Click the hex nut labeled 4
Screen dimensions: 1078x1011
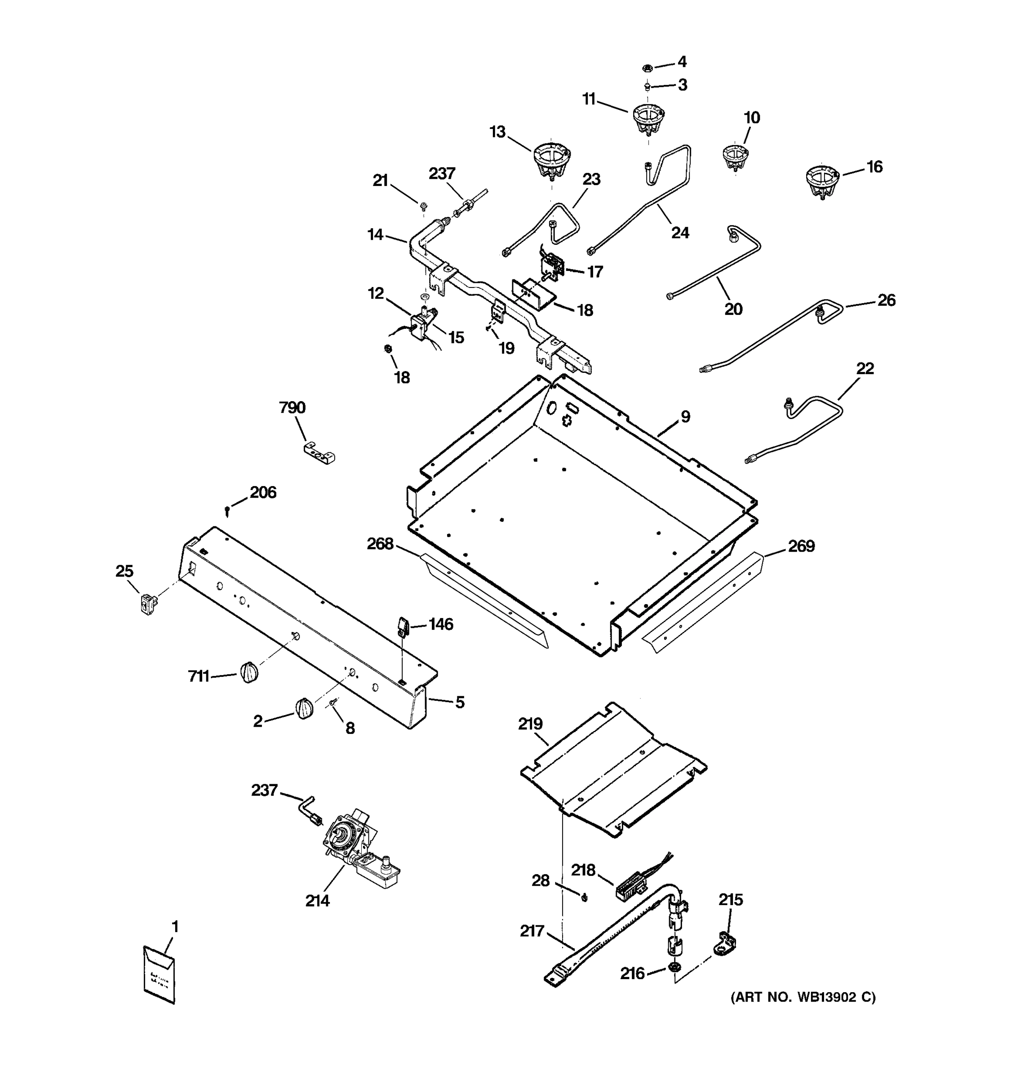647,68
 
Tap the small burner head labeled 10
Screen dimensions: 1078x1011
735,157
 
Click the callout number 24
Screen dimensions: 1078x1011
680,233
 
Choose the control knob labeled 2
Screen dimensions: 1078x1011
304,708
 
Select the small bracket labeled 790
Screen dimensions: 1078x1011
319,453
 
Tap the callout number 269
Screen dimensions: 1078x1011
801,546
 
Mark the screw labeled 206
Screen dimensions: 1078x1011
227,510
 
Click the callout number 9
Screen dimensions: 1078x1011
686,416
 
